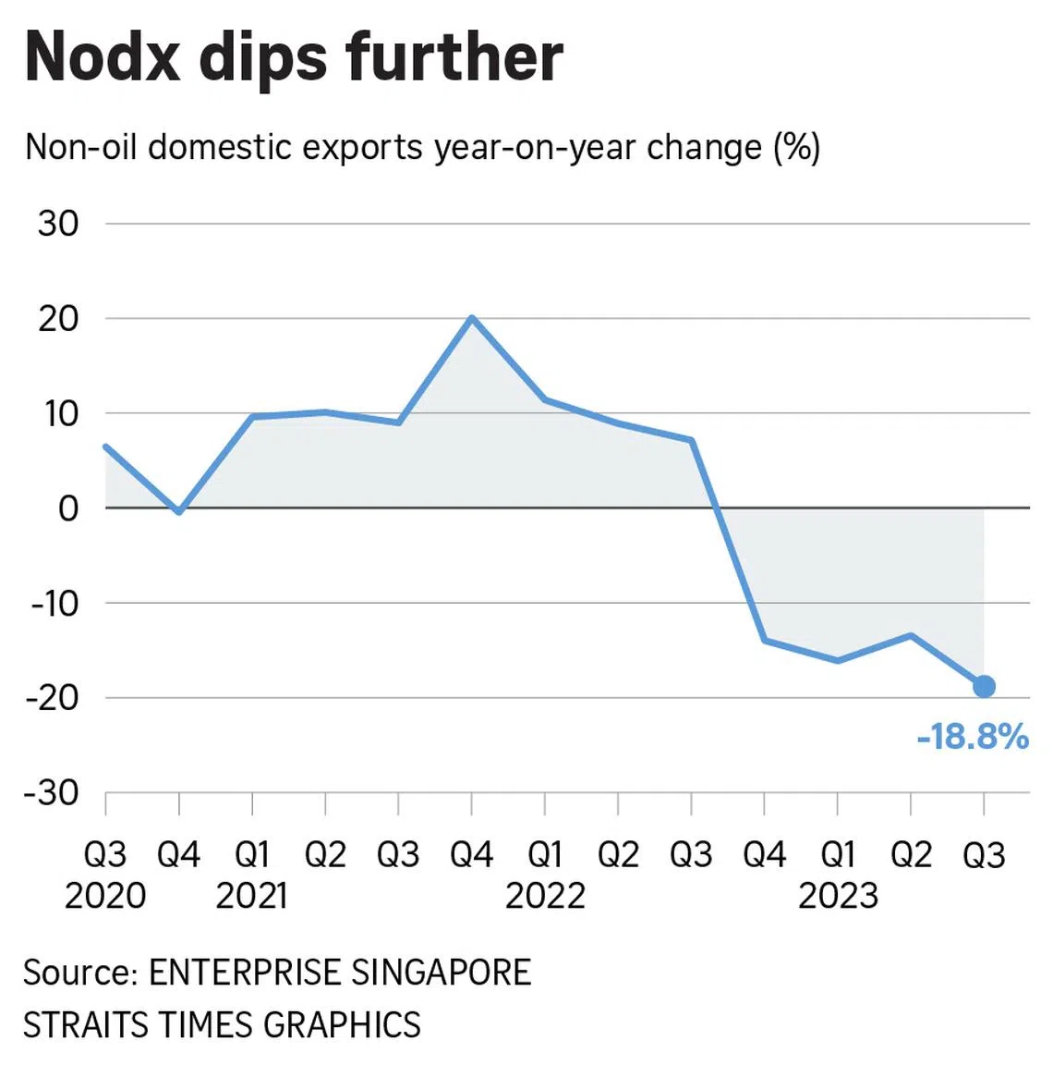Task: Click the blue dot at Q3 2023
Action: click(984, 686)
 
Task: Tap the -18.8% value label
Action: click(973, 737)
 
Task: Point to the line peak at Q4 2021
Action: click(472, 318)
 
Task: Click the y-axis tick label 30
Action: click(58, 224)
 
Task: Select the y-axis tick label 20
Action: click(58, 319)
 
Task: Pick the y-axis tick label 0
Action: click(68, 508)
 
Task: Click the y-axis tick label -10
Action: click(54, 603)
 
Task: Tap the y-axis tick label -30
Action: click(54, 792)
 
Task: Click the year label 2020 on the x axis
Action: click(105, 895)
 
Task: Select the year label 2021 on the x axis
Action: click(251, 895)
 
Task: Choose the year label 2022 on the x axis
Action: click(545, 895)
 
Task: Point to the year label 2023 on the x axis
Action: click(838, 895)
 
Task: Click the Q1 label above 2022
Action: click(545, 855)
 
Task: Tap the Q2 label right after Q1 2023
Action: click(911, 855)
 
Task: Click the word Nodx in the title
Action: click(103, 57)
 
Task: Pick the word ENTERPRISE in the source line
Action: click(244, 973)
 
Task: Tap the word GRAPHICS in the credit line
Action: click(342, 1024)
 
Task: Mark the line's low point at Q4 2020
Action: click(178, 511)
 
